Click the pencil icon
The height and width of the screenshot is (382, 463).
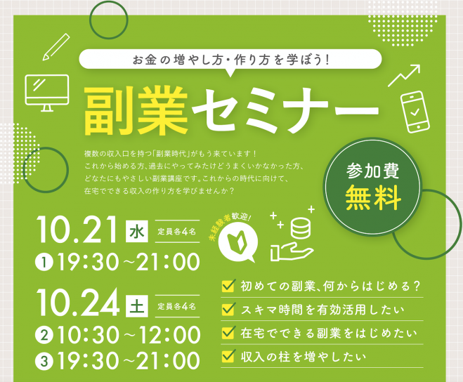56,47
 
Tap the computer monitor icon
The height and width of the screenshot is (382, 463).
47,93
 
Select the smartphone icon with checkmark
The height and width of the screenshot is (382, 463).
415,112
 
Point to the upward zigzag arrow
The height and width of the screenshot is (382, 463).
404,76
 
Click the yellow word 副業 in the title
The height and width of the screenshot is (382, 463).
136,111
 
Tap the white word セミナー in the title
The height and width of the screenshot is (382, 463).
285,110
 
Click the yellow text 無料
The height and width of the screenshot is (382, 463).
373,197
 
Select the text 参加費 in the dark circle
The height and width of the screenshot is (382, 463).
372,171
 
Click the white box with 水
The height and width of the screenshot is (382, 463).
137,231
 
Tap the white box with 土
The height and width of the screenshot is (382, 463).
137,306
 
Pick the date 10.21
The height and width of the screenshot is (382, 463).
77,230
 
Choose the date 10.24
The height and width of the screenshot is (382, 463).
78,303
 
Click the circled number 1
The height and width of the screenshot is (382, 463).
44,262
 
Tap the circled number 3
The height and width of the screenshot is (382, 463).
44,361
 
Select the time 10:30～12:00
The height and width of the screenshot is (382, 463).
129,335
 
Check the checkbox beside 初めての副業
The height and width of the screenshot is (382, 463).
228,286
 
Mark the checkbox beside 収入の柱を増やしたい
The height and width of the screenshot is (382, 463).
228,356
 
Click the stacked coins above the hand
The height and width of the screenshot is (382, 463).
301,228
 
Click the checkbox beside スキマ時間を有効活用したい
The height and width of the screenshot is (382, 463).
228,309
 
